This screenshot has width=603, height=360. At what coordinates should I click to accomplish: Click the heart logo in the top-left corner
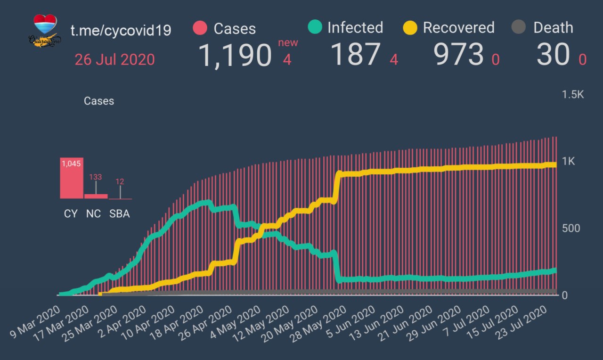click(45, 30)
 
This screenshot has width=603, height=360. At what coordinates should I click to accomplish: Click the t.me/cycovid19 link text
click(121, 31)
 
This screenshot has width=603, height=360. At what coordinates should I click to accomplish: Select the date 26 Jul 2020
click(114, 60)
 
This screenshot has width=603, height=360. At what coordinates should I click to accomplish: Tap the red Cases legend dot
click(200, 28)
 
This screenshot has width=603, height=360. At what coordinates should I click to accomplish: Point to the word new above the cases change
click(288, 43)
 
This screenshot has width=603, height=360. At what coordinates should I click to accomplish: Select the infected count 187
click(355, 54)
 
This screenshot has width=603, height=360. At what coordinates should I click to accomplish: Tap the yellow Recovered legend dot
click(410, 27)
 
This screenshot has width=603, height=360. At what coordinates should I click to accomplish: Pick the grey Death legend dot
click(518, 27)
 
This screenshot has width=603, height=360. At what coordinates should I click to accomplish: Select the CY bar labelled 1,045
click(72, 178)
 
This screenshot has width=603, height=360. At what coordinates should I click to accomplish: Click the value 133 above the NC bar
click(96, 177)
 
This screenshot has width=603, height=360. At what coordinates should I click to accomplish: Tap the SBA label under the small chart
click(119, 213)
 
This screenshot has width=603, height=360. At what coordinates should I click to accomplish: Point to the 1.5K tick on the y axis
click(572, 95)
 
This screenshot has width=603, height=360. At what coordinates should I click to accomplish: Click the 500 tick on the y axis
click(570, 229)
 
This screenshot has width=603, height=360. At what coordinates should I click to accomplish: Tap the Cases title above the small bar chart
click(99, 101)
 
